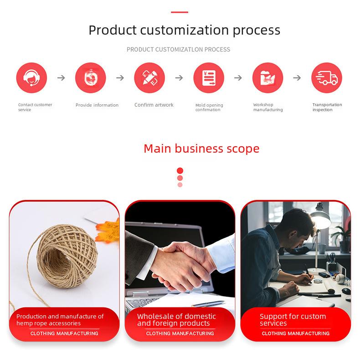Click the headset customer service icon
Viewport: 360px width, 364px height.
point(31,78)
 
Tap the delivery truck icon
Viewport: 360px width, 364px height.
point(327,78)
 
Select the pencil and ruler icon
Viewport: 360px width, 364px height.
point(149,78)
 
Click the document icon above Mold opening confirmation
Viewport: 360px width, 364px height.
point(209,78)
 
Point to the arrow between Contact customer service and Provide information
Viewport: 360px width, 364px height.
point(61,77)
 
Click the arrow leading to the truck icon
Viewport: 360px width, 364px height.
point(297,77)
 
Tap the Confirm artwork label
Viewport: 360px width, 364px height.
point(154,105)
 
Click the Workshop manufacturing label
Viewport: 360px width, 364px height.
point(268,107)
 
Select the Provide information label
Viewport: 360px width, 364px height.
point(97,105)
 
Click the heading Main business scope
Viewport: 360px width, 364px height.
point(201,149)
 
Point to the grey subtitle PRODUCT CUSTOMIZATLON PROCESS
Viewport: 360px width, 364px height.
point(178,50)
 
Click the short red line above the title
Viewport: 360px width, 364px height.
point(180,12)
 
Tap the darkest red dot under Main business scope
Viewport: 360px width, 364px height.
point(180,171)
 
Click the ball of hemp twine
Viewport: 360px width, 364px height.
point(67,256)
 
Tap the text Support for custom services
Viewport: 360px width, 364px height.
point(293,320)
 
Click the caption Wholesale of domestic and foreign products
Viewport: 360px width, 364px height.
point(176,320)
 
